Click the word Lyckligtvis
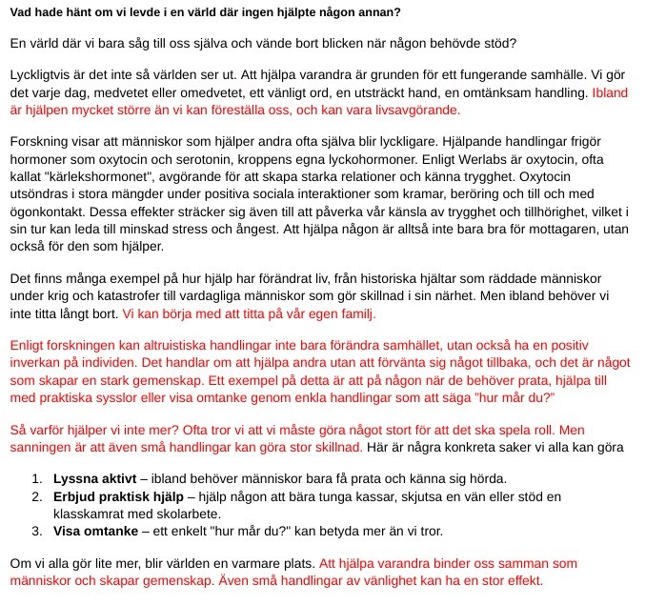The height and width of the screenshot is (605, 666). (42, 74)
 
